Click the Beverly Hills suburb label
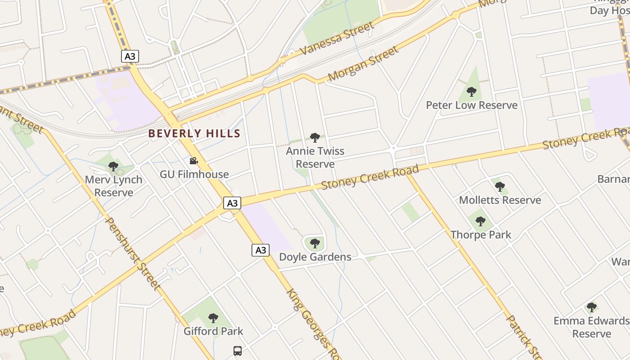tap(194, 134)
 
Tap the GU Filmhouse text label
tap(194, 174)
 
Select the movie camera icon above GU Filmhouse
tap(193, 161)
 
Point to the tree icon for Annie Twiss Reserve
tap(315, 137)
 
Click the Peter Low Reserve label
tap(472, 105)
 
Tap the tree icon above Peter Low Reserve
tap(471, 92)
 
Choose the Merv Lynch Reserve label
tap(113, 186)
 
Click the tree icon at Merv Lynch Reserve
tap(113, 166)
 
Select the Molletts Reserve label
tap(500, 200)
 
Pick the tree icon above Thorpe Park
tap(481, 221)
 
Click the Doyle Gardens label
tap(315, 257)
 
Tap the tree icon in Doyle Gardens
tap(315, 243)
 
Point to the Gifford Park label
tap(213, 331)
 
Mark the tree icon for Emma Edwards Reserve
tap(592, 307)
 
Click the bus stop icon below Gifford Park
tap(238, 351)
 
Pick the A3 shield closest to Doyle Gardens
tap(261, 250)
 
